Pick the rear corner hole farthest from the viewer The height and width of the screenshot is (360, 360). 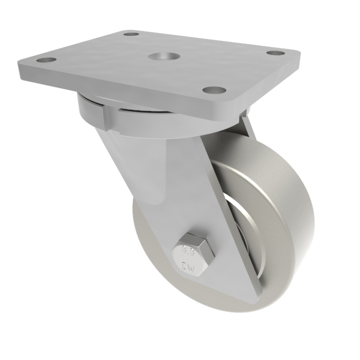tap(131, 34)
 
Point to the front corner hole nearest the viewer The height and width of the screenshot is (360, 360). tap(214, 91)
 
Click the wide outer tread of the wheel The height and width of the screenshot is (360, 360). tap(282, 210)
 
